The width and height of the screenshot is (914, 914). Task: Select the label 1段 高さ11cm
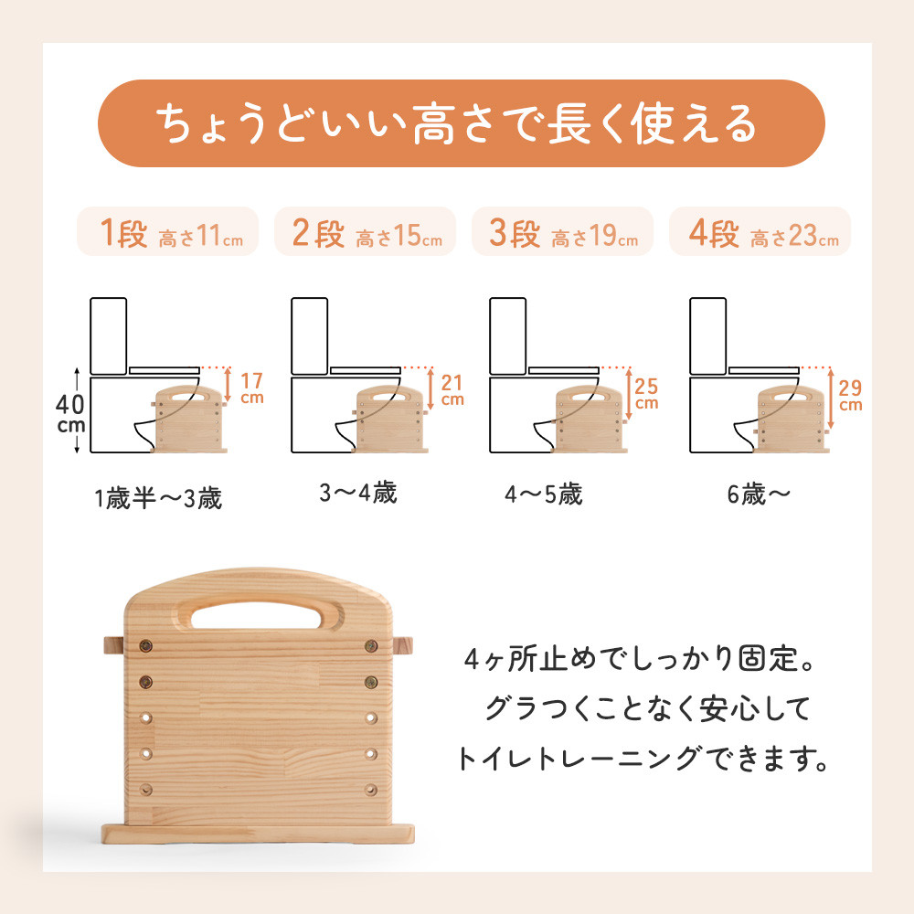click(x=167, y=235)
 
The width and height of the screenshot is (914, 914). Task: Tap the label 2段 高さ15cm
click(x=366, y=235)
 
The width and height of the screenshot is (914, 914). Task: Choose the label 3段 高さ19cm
click(x=562, y=235)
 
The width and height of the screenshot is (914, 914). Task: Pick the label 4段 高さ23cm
click(x=760, y=235)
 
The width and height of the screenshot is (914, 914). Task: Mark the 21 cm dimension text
click(x=452, y=388)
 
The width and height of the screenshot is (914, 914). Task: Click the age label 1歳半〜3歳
click(x=157, y=500)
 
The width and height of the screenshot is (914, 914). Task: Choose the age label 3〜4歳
click(x=357, y=494)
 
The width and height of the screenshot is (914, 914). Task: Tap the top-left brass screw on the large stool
click(x=146, y=648)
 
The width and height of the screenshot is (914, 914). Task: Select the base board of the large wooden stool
click(x=259, y=834)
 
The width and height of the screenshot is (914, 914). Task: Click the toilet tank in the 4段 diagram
click(x=707, y=335)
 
